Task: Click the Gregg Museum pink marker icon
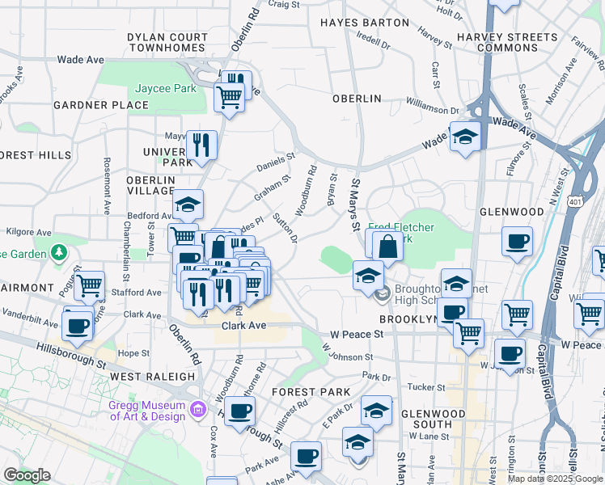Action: [197, 411]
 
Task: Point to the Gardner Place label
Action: [101, 105]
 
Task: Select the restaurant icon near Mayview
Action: [201, 145]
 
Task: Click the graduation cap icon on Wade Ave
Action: [466, 135]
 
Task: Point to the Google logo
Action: [27, 475]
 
